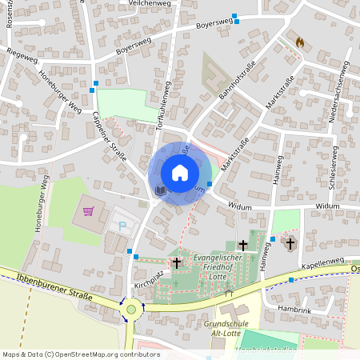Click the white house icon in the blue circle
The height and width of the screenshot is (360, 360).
(180, 173)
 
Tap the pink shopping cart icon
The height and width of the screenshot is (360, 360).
(89, 212)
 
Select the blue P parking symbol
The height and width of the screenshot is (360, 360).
(122, 227)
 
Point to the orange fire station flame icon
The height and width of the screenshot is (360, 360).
(300, 42)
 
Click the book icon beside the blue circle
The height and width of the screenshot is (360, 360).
(160, 190)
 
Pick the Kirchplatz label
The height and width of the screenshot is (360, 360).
(148, 285)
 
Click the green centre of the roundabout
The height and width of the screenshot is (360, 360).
(131, 309)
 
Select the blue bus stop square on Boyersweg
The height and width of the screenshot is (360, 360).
(235, 21)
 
